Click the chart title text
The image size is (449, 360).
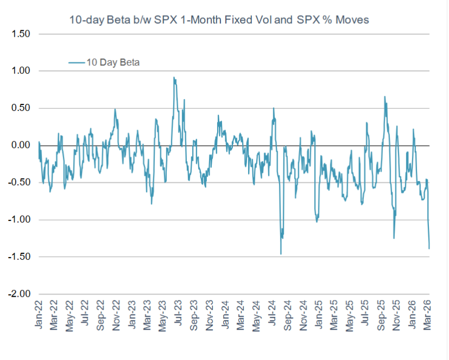click(x=219, y=21)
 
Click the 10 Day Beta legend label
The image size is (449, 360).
click(x=112, y=63)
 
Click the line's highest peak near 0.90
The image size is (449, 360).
click(x=174, y=77)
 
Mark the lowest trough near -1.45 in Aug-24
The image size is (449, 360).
click(x=281, y=254)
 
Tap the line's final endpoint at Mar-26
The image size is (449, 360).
click(x=430, y=248)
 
